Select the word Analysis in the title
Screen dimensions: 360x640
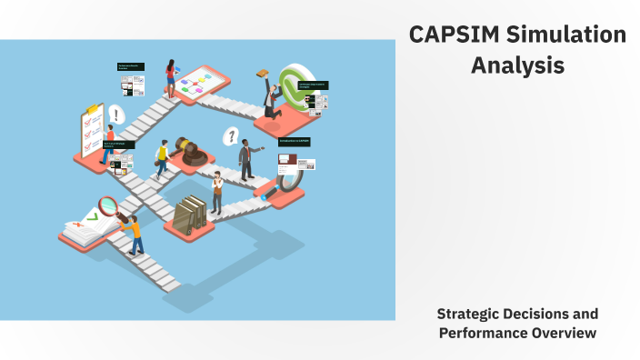[517, 66]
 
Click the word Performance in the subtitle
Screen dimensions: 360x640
[482, 333]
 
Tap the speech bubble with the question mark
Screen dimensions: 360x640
[232, 136]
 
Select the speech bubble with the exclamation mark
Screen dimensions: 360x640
[116, 115]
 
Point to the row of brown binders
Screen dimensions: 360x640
[191, 214]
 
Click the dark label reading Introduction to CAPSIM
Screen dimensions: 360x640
[295, 142]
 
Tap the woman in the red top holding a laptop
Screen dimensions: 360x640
[170, 77]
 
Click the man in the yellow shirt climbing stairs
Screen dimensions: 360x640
[163, 159]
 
